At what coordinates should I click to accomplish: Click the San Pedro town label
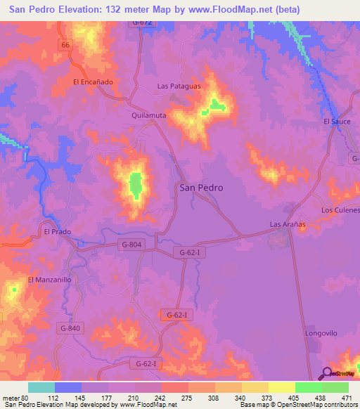coord(202,188)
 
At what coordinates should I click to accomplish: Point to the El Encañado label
coord(93,82)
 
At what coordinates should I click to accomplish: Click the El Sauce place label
coord(337,122)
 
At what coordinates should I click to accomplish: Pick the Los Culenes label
coord(340,210)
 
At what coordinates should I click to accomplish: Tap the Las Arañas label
coord(288,224)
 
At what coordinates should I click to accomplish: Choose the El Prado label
coord(58,231)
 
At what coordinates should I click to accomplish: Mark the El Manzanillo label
coord(49,279)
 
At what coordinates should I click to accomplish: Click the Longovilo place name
coord(323,332)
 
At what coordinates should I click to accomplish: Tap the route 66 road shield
coord(66,44)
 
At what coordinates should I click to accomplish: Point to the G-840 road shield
coord(70,328)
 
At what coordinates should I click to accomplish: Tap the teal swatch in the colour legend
coord(41,387)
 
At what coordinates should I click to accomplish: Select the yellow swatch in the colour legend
coord(281,387)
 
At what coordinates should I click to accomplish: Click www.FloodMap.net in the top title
coord(221,9)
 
